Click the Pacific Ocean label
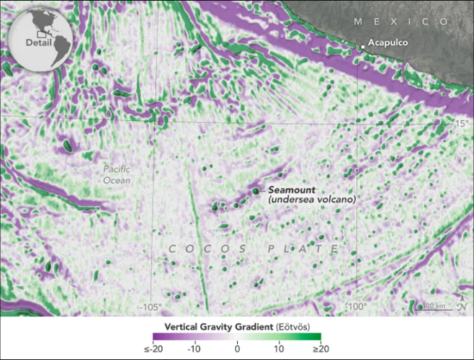(x=116, y=174)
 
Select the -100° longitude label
(x=358, y=307)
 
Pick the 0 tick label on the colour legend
(x=237, y=348)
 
